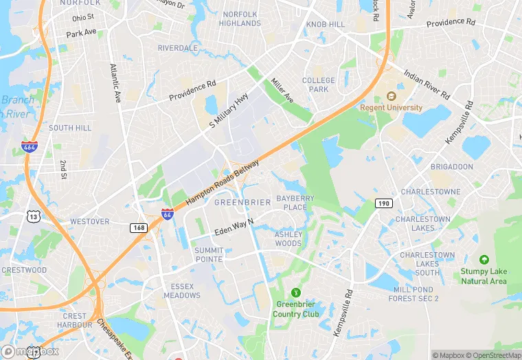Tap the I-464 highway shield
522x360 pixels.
(29, 146)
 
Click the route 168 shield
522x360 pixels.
(139, 227)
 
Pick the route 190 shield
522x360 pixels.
(383, 203)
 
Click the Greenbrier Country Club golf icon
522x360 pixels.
(296, 293)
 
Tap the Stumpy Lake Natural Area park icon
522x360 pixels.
(484, 260)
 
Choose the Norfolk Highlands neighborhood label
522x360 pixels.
(240, 19)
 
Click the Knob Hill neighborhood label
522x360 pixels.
(325, 25)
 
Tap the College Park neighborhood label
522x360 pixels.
(319, 85)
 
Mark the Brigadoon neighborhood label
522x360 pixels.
(451, 167)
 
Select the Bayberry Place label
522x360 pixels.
(295, 203)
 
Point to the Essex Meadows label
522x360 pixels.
(182, 291)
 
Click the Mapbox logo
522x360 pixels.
(30, 351)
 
